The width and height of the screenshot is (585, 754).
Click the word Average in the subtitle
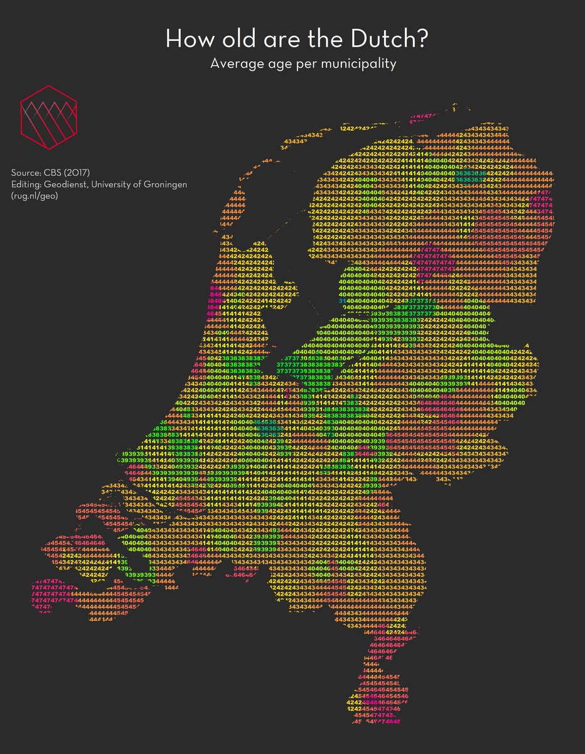click(234, 63)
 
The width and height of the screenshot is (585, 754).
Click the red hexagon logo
click(48, 117)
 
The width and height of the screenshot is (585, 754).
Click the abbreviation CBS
click(54, 172)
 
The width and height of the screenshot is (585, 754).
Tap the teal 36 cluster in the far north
click(471, 173)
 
